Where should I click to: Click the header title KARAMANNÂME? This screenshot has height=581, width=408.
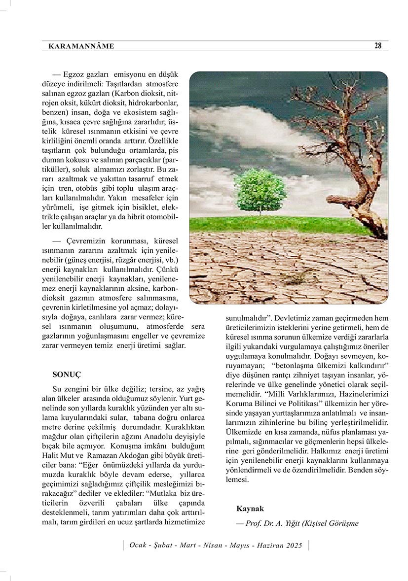click(x=81, y=46)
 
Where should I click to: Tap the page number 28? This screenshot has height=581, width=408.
click(x=378, y=46)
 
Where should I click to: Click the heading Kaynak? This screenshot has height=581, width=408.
click(x=250, y=508)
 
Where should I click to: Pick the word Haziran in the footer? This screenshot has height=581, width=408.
click(x=265, y=545)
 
